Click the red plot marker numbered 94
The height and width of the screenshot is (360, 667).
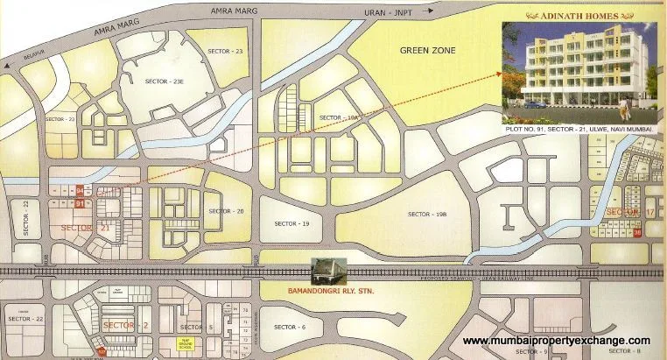point(80,189)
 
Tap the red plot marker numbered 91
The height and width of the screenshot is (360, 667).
point(80,204)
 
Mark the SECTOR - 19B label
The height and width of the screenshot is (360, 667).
point(427,214)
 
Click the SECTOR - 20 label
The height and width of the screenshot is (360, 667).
point(228,211)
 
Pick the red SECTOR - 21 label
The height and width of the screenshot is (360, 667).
point(85,228)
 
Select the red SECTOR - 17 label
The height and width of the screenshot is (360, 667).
point(630,212)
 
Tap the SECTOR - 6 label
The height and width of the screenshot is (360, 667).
point(290,327)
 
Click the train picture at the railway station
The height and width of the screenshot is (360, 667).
point(328,270)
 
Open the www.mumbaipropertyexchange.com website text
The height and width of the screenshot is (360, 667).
point(556,340)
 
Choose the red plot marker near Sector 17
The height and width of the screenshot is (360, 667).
point(637,232)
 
